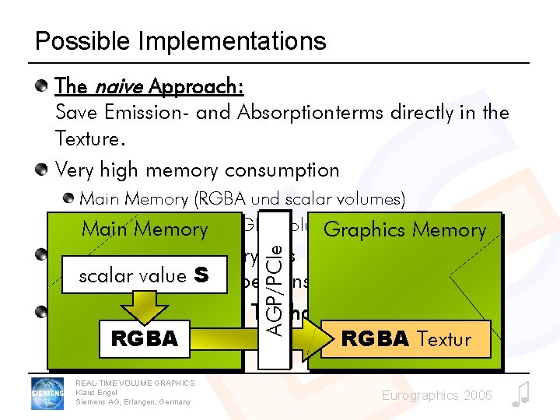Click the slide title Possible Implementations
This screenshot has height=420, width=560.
180,40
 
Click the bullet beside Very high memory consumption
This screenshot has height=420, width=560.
45,170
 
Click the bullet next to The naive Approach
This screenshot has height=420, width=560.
45,84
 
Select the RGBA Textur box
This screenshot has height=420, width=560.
407,338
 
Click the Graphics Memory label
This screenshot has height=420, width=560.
404,229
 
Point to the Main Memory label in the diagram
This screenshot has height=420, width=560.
145,229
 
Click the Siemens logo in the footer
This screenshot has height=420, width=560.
47,393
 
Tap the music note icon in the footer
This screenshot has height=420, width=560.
520,394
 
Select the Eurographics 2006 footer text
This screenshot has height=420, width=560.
436,396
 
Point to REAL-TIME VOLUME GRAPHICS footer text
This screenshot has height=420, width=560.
135,382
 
